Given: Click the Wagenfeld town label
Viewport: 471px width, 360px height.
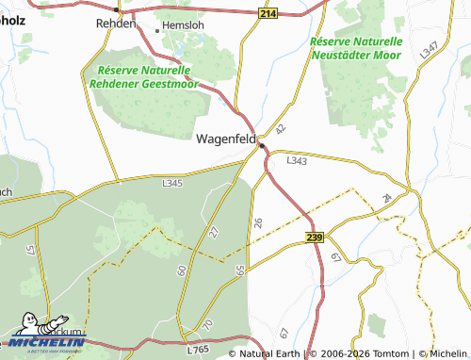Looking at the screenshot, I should pos(226,139).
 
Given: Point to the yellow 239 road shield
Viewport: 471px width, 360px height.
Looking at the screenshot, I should pos(316,239).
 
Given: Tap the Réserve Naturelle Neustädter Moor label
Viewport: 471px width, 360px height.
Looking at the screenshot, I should pos(355,49).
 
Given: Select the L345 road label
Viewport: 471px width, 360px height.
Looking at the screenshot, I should pos(172,183).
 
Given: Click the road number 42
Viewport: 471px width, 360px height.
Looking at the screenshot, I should pos(279,127).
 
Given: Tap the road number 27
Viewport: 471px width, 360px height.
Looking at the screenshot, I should pos(214,232).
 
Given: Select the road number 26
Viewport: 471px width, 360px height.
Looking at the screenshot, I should pos(258,221).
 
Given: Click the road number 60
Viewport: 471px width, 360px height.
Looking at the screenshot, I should pos(181,270).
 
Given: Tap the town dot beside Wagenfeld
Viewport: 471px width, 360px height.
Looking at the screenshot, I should pos(262,145).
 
